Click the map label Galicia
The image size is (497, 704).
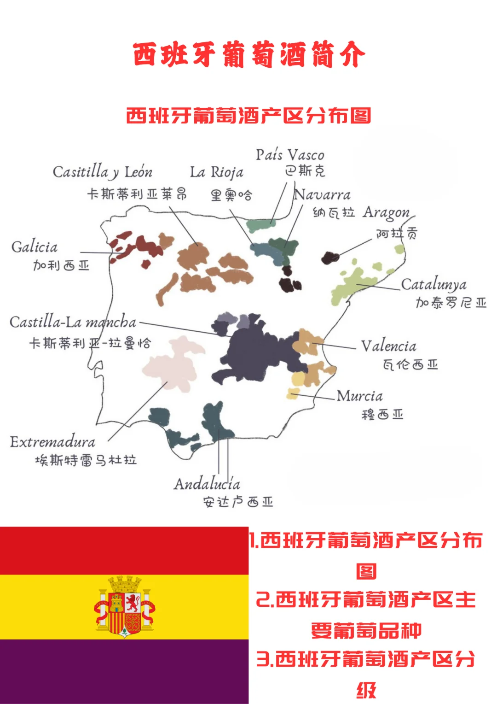point(35,247)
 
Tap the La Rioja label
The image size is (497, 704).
point(217,172)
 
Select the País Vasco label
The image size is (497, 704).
point(290,155)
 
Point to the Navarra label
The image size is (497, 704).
point(322,194)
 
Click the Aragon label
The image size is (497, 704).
point(386,212)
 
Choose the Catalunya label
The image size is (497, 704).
point(433,285)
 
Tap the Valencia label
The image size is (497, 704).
point(388,346)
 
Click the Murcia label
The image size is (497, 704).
point(359,396)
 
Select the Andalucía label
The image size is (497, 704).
point(207,484)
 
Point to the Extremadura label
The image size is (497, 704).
point(52,442)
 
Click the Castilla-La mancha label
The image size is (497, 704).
point(73,322)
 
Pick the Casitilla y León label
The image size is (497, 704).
point(102,172)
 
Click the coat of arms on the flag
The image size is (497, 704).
point(124,606)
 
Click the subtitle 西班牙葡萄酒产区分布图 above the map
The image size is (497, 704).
point(248,115)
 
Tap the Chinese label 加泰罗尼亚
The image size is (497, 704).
point(451,303)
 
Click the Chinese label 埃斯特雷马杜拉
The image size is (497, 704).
point(86,460)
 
